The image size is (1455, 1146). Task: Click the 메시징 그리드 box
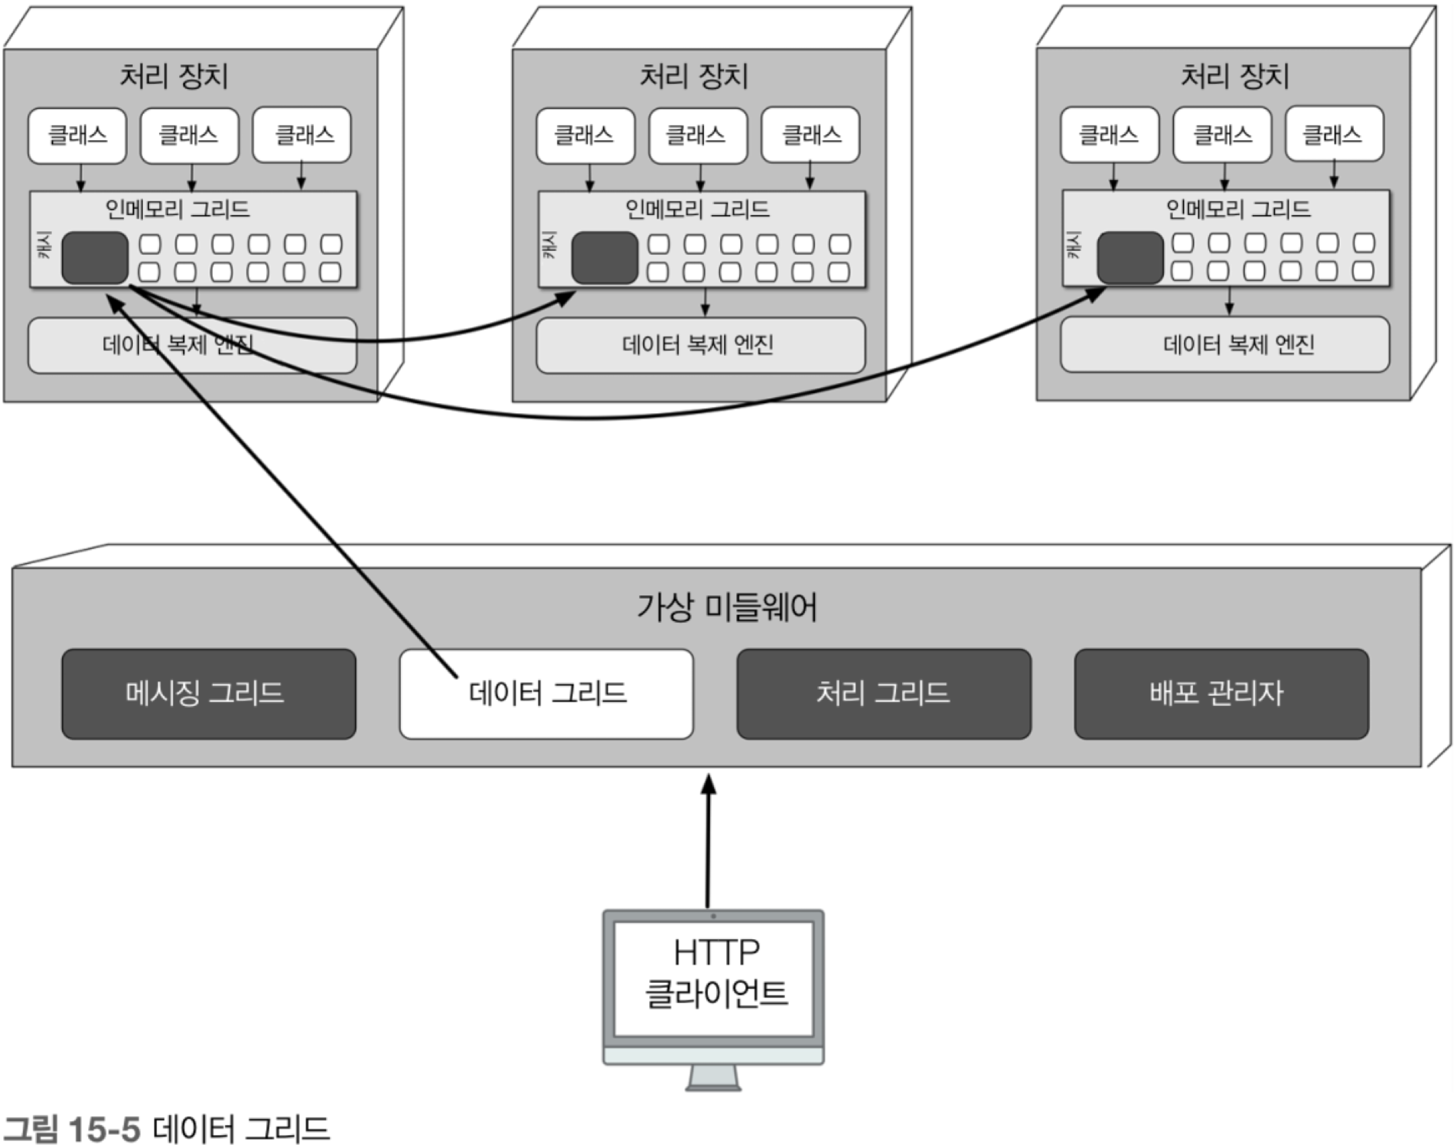(208, 694)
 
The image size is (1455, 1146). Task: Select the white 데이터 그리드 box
(546, 694)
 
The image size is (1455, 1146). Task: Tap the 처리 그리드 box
(883, 694)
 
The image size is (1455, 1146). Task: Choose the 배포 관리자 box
(1221, 694)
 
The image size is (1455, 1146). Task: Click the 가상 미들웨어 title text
(727, 607)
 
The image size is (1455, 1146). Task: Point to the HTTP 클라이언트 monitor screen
(713, 978)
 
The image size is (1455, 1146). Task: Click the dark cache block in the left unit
(95, 258)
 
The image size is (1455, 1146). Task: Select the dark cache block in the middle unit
(604, 258)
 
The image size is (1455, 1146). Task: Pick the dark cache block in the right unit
(1130, 258)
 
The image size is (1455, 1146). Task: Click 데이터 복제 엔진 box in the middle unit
(700, 345)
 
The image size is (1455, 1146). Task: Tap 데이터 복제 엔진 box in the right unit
(1224, 344)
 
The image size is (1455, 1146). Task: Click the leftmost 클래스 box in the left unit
(77, 135)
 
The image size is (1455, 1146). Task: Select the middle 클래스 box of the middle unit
(698, 135)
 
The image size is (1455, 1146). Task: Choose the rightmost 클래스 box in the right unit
(1334, 134)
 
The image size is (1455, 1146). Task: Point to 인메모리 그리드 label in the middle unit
(697, 210)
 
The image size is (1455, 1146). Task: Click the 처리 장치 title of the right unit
(1234, 76)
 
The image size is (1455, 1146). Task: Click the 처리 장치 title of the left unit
(174, 76)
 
